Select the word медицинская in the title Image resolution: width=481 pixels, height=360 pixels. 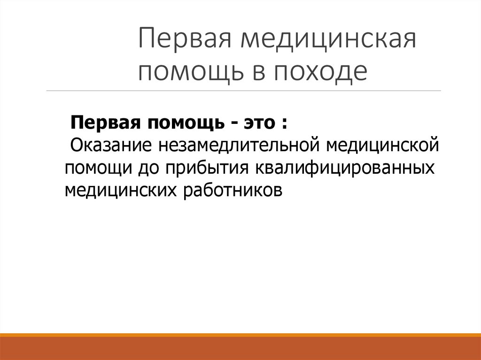328,41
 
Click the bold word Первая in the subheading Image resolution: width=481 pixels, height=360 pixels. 103,123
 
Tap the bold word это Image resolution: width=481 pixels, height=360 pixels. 260,123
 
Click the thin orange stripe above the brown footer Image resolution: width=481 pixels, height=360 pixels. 240,335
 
